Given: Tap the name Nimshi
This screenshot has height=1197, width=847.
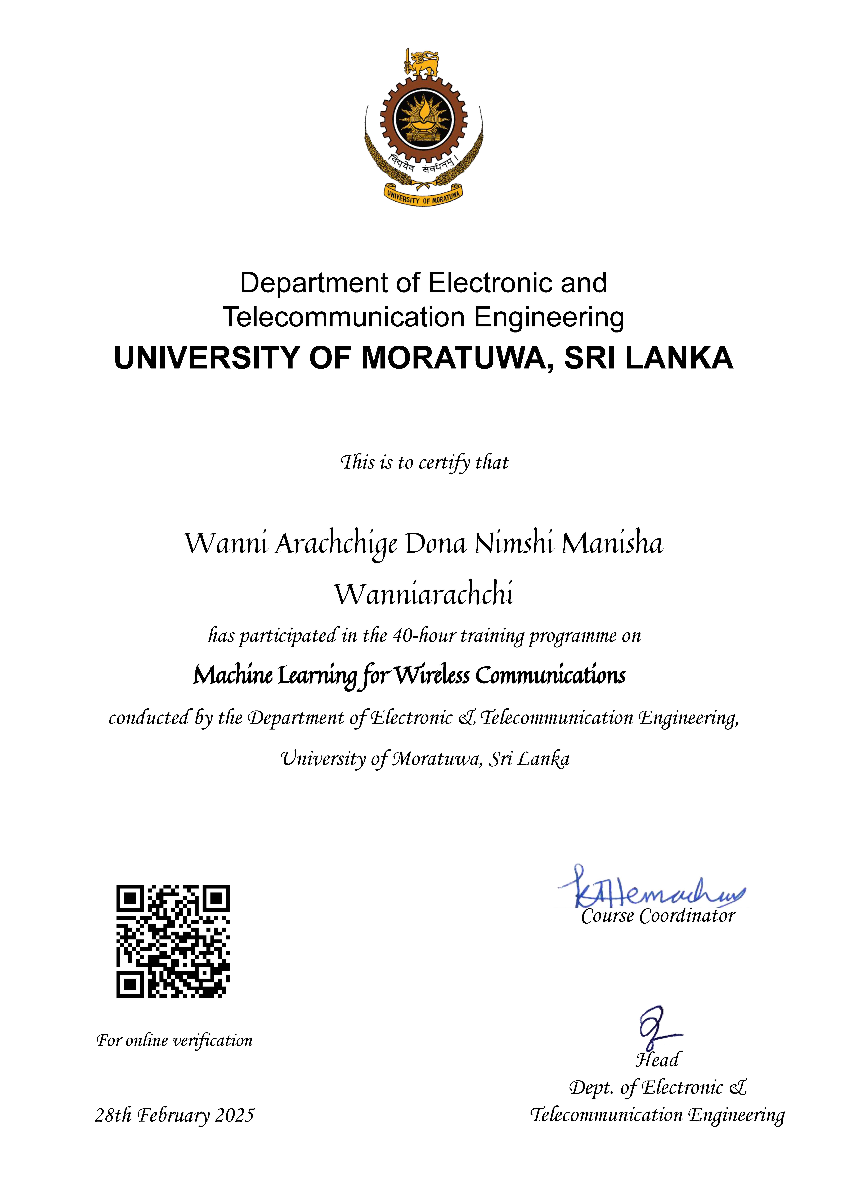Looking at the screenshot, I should tap(514, 544).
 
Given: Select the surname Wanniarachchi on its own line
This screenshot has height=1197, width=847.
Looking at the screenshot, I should tap(424, 594).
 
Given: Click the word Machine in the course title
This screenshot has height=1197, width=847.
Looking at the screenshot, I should tap(233, 676).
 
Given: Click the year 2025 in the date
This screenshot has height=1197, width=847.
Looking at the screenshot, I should tap(235, 1115).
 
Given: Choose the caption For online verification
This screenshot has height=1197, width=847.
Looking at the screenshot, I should tap(174, 1041).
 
